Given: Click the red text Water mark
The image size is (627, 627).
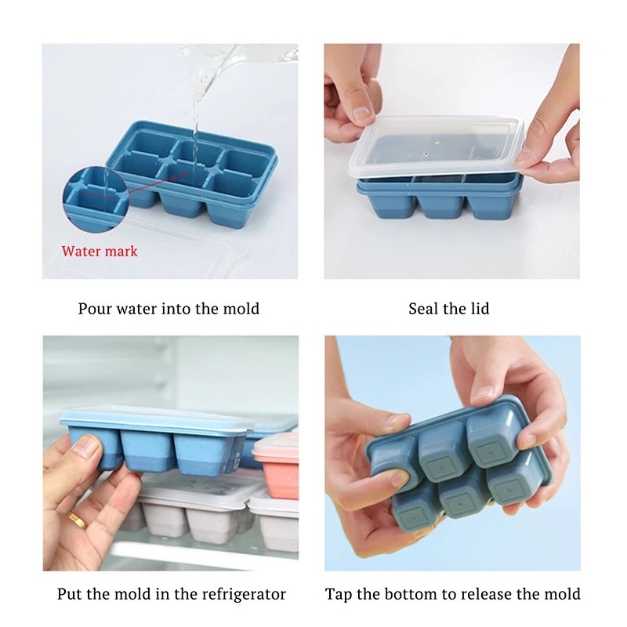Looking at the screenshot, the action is pyautogui.click(x=100, y=251).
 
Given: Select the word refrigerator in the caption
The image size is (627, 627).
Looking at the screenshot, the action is pyautogui.click(x=244, y=594).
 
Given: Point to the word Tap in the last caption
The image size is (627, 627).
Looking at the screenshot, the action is pyautogui.click(x=339, y=594).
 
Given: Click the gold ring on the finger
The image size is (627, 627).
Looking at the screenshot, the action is pyautogui.click(x=78, y=520).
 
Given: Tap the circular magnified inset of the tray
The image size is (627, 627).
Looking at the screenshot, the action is pyautogui.click(x=95, y=199).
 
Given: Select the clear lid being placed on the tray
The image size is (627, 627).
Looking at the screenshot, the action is pyautogui.click(x=436, y=147).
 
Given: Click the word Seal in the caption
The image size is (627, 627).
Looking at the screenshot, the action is pyautogui.click(x=422, y=309).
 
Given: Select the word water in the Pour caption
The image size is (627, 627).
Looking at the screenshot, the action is pyautogui.click(x=136, y=309).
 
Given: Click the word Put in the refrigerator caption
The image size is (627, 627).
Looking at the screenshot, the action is pyautogui.click(x=70, y=594).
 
